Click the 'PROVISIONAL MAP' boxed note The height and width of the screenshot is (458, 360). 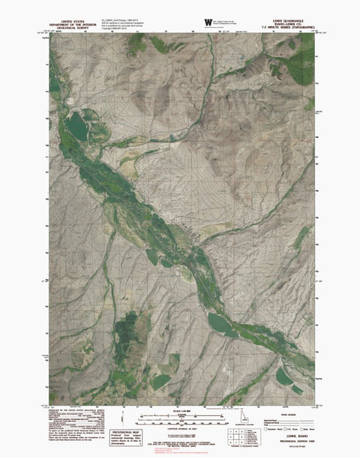(x=124, y=437)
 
